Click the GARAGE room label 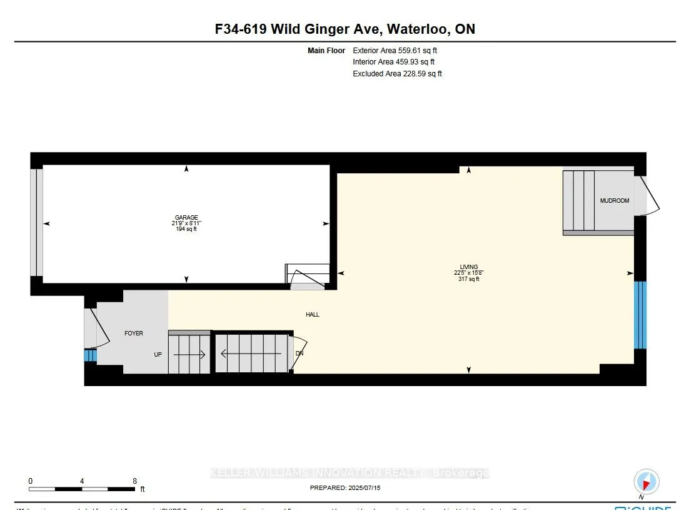pyautogui.click(x=186, y=218)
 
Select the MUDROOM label pyautogui.click(x=614, y=201)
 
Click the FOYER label pyautogui.click(x=134, y=334)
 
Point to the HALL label pyautogui.click(x=313, y=315)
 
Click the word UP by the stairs pyautogui.click(x=159, y=354)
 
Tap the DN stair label pyautogui.click(x=299, y=354)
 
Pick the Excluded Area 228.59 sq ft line pyautogui.click(x=397, y=74)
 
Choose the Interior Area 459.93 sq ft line pyautogui.click(x=393, y=62)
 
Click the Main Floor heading pyautogui.click(x=326, y=50)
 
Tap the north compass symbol pyautogui.click(x=646, y=482)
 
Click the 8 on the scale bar pyautogui.click(x=135, y=481)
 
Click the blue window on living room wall pyautogui.click(x=640, y=315)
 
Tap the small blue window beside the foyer pyautogui.click(x=90, y=355)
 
